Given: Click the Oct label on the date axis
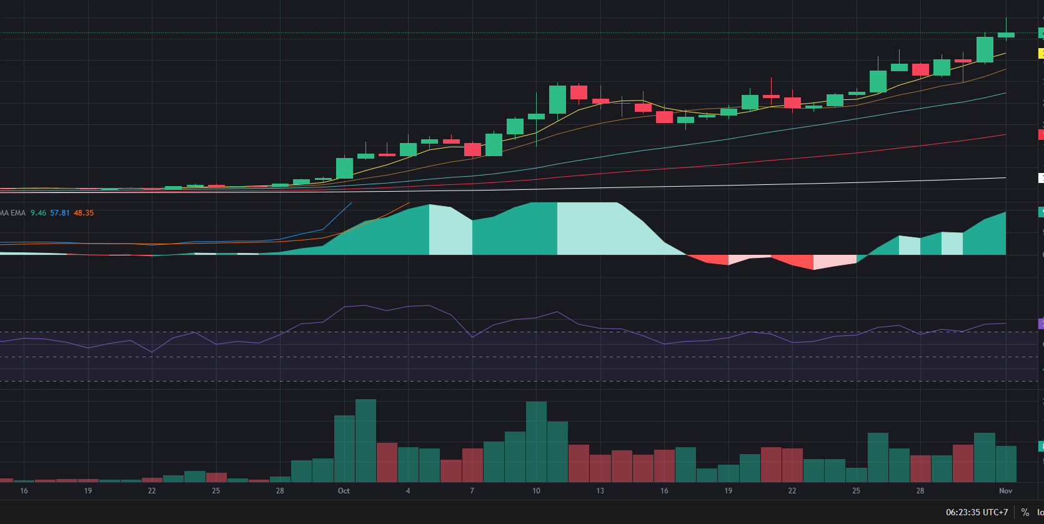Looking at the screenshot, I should (344, 491).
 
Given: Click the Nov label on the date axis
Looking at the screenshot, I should (1005, 491).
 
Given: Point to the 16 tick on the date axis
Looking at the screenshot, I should (24, 491).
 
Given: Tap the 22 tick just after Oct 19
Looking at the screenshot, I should (792, 491).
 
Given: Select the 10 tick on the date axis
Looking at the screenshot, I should (536, 491).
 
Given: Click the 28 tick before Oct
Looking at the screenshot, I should (280, 491).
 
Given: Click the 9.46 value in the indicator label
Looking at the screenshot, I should (38, 213).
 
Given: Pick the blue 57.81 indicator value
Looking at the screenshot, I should (60, 213).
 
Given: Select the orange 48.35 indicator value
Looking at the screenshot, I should (84, 213).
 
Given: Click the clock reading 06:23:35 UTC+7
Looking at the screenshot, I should (977, 512).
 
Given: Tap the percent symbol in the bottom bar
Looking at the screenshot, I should (1025, 512).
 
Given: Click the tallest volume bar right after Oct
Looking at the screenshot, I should (365, 440).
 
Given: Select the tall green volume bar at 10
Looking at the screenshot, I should (536, 442).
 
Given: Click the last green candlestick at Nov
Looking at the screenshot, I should (1006, 35).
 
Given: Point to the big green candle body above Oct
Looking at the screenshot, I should (344, 168).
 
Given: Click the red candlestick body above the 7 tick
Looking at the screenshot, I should (472, 149).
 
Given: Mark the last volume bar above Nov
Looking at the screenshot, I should (1006, 464).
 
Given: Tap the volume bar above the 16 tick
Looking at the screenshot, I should (664, 466).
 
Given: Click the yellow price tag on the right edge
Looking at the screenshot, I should (1041, 54).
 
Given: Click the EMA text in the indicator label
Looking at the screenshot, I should (18, 213).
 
